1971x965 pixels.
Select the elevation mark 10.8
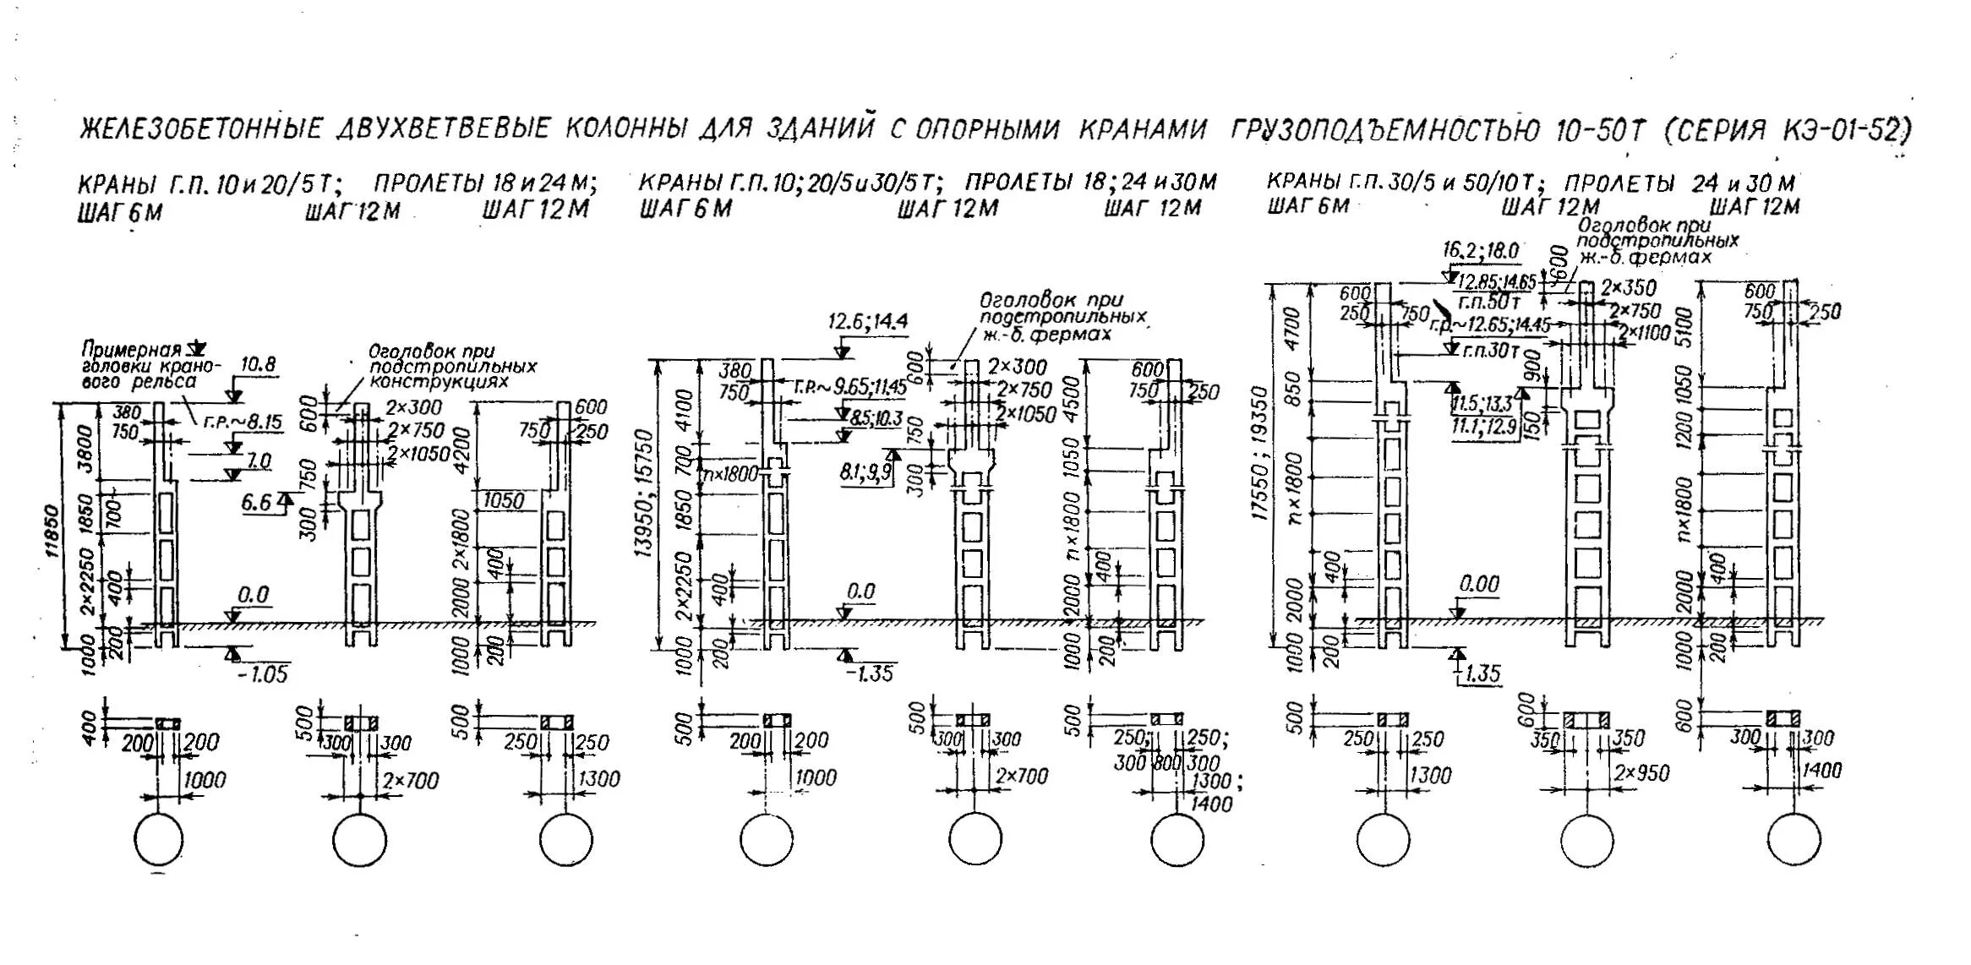coord(258,365)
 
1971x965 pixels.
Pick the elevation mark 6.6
coord(257,503)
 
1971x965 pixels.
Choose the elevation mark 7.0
coord(259,461)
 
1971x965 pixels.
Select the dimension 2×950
coord(1641,773)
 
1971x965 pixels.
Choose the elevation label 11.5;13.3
coord(1482,404)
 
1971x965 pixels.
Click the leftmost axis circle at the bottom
coord(158,839)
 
